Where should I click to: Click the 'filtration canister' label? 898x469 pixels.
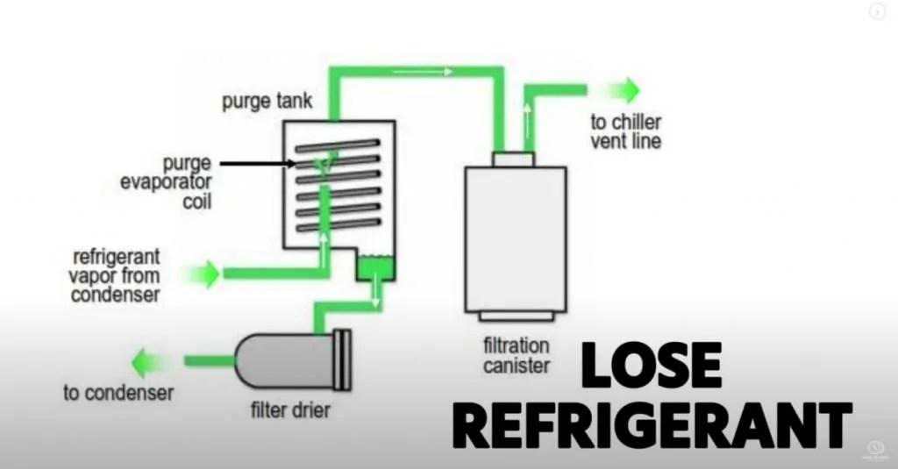[516, 354]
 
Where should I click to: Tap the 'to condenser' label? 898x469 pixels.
[118, 392]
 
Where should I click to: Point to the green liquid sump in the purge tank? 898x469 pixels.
[377, 266]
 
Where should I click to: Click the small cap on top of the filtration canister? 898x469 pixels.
[513, 159]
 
